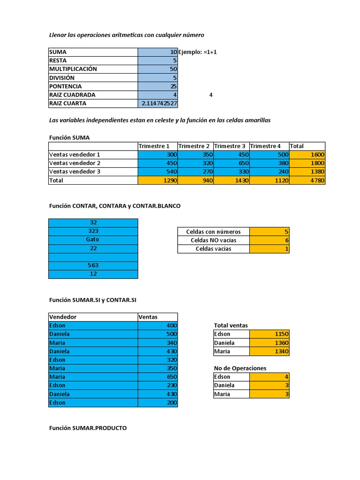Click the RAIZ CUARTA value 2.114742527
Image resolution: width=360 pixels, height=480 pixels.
point(158,103)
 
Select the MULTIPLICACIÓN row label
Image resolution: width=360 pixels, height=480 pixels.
point(73,69)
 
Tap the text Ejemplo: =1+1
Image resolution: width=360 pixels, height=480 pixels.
point(197,52)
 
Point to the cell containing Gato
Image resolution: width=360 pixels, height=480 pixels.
point(93,240)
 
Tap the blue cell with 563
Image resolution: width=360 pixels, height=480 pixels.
point(93,265)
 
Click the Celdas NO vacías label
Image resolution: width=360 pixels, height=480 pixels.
point(213,240)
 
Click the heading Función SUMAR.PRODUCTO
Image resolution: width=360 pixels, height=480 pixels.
point(88,428)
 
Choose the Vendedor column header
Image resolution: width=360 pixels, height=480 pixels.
point(63,317)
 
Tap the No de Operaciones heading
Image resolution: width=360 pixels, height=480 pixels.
point(240,368)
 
